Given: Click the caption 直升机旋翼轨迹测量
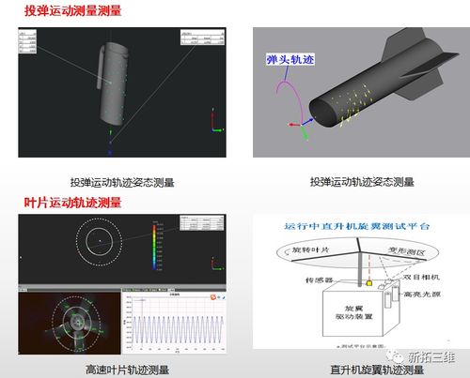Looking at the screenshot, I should click(x=360, y=366).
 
